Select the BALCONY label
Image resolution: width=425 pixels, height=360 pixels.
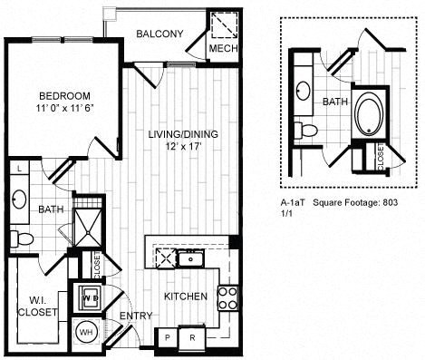pyautogui.click(x=159, y=34)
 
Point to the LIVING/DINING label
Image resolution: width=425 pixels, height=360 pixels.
pyautogui.click(x=183, y=134)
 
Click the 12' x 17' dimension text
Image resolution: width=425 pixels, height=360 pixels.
pyautogui.click(x=183, y=147)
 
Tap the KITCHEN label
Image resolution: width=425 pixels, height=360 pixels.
pyautogui.click(x=185, y=297)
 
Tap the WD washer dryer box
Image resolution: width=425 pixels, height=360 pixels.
pyautogui.click(x=90, y=297)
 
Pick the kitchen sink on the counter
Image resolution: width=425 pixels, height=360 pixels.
pyautogui.click(x=189, y=258)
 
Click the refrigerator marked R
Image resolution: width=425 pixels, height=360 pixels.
pyautogui.click(x=192, y=336)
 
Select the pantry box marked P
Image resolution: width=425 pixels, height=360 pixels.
pyautogui.click(x=167, y=336)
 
